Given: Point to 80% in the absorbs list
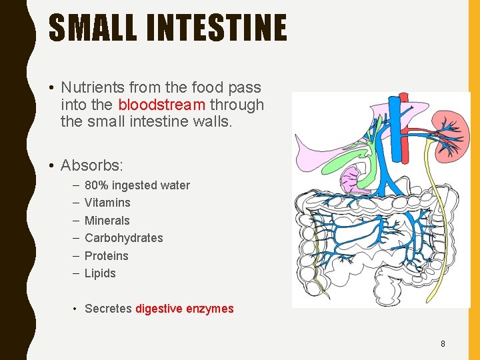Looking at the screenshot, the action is coord(95,185).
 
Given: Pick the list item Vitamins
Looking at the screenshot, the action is coord(107,203).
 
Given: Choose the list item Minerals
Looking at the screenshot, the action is coord(107,221).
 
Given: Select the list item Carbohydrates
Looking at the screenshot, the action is coord(123,238).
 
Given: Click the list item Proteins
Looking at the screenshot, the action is coord(107,256).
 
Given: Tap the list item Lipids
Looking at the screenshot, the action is coord(100,273).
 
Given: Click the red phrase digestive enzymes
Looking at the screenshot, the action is coord(185,309).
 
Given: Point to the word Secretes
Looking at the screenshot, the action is coord(108,309).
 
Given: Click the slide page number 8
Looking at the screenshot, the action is coord(443,344).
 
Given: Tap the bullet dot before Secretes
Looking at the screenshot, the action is coord(76,309).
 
